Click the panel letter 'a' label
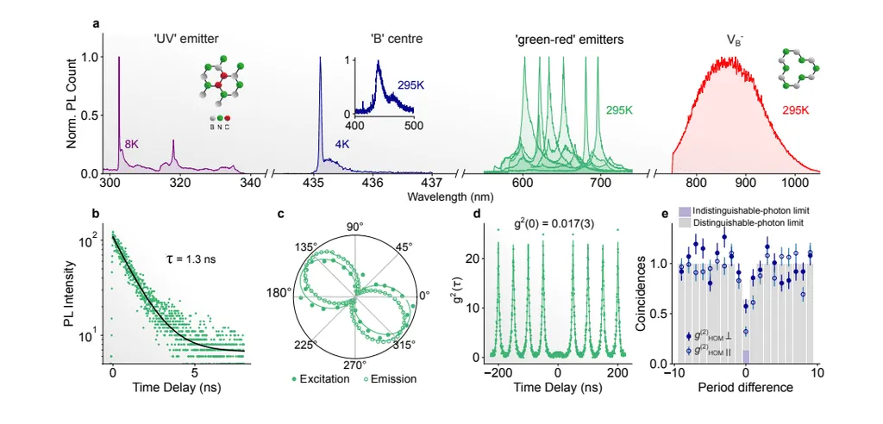[97, 23]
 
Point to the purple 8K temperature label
[131, 145]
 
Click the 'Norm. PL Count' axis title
[73, 108]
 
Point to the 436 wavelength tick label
[372, 182]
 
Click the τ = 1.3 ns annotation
[192, 259]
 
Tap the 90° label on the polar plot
[355, 226]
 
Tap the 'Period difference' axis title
[744, 388]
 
